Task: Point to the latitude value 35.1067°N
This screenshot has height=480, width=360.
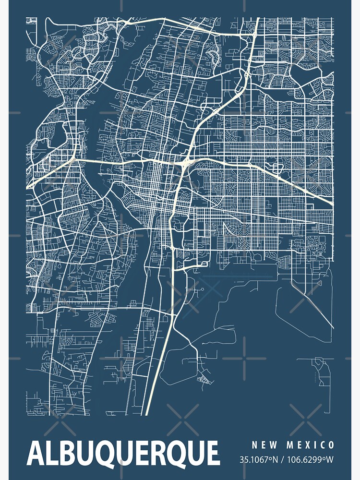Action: [x=259, y=460]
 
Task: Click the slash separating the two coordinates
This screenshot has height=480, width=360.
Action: [x=282, y=460]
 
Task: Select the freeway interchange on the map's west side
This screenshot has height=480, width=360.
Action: [x=73, y=158]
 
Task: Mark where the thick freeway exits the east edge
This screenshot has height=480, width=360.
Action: [x=332, y=205]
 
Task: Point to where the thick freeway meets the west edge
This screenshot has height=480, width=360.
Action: [x=27, y=186]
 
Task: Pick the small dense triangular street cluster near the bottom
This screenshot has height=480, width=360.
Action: [x=204, y=380]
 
